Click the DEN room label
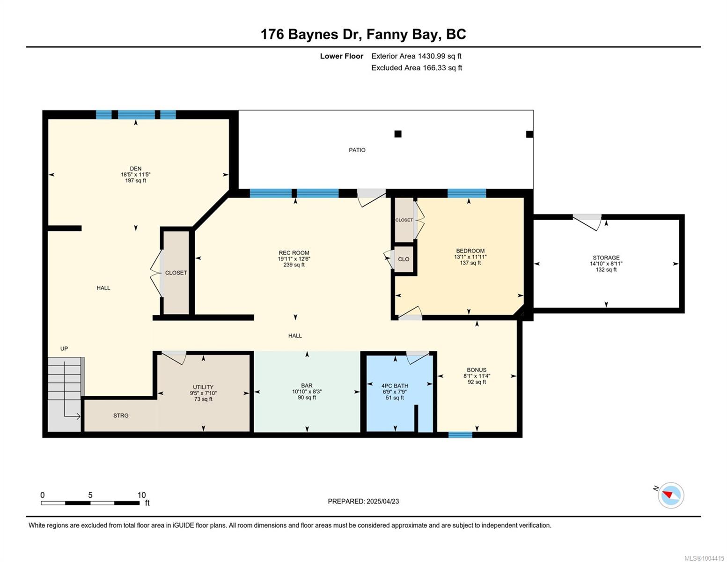click(x=135, y=168)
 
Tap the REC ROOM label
click(x=294, y=253)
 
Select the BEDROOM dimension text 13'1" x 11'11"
click(x=470, y=257)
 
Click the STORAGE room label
click(x=606, y=258)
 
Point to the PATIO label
click(x=357, y=150)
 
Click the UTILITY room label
click(x=203, y=387)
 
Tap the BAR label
click(x=307, y=385)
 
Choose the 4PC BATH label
click(x=395, y=385)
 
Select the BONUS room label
click(x=477, y=370)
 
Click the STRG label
click(x=121, y=415)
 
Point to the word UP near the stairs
click(x=64, y=348)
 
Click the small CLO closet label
click(x=404, y=259)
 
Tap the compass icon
click(x=670, y=495)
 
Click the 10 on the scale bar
click(x=141, y=495)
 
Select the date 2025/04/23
click(x=382, y=501)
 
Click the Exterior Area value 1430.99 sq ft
click(x=440, y=56)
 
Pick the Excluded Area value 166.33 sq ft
click(x=442, y=67)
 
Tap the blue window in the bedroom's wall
click(x=466, y=193)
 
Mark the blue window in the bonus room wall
click(x=460, y=435)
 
